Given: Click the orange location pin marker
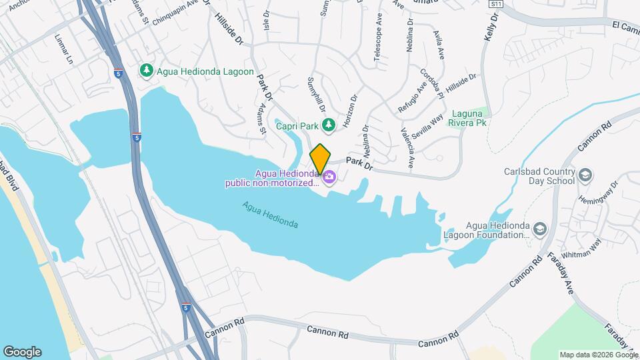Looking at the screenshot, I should click(x=320, y=158).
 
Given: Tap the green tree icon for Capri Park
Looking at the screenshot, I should click(x=328, y=125).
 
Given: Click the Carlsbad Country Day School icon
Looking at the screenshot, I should click(x=585, y=175).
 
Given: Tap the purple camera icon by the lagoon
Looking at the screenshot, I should click(x=329, y=177).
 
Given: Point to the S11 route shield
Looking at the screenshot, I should click(x=495, y=4).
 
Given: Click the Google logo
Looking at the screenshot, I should click(x=22, y=351).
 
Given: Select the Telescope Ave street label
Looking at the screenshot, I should click(x=378, y=44).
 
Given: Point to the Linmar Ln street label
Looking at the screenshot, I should click(x=64, y=49).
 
